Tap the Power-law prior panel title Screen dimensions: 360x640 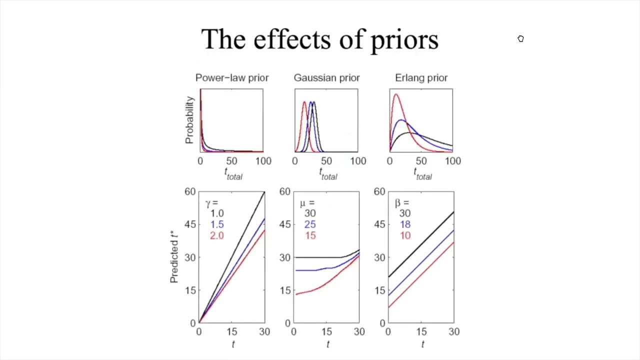[x=232, y=77]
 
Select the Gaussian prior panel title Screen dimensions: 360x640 [x=326, y=77]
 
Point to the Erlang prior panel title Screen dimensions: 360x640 [x=421, y=77]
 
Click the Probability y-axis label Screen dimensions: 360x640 [x=189, y=120]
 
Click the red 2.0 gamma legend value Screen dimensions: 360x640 [x=217, y=235]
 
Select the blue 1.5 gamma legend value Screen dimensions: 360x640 [x=217, y=224]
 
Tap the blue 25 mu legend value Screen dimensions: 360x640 [x=310, y=224]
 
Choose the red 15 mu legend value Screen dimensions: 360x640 [x=310, y=235]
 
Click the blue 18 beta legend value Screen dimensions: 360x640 [x=404, y=224]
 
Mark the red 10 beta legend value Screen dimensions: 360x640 [x=404, y=235]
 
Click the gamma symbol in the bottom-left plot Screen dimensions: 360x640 [x=208, y=203]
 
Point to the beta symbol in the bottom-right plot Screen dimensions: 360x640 [x=398, y=203]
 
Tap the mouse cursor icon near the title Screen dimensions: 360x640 [x=520, y=39]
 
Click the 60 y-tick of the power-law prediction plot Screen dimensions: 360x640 [x=190, y=191]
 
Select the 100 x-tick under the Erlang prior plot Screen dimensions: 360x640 [x=452, y=161]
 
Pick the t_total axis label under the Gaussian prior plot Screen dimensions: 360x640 [x=328, y=173]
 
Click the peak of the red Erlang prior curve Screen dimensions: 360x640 [x=396, y=94]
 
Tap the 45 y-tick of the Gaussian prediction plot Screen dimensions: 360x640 [x=285, y=224]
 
